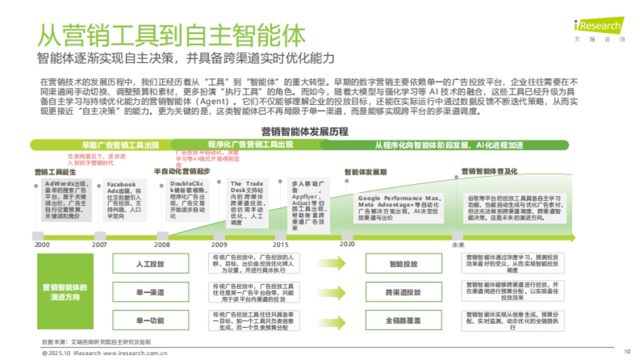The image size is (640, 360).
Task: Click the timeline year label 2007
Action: click(x=100, y=244)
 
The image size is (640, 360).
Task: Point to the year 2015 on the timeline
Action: click(x=280, y=244)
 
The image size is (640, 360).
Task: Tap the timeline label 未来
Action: click(x=458, y=245)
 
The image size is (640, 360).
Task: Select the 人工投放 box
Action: click(x=149, y=264)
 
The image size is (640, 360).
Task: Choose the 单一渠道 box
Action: click(x=149, y=292)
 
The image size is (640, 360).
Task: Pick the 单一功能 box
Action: click(x=149, y=321)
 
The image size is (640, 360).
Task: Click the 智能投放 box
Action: click(x=403, y=264)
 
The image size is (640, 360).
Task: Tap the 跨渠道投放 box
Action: click(x=403, y=292)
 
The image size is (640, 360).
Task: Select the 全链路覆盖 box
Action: click(x=403, y=321)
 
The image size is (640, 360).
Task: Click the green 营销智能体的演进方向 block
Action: click(x=65, y=292)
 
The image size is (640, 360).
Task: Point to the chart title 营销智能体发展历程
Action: click(x=305, y=131)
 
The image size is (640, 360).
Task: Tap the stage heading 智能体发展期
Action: click(x=365, y=172)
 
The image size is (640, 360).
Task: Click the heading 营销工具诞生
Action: click(x=55, y=172)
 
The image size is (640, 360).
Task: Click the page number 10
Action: click(x=627, y=351)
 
